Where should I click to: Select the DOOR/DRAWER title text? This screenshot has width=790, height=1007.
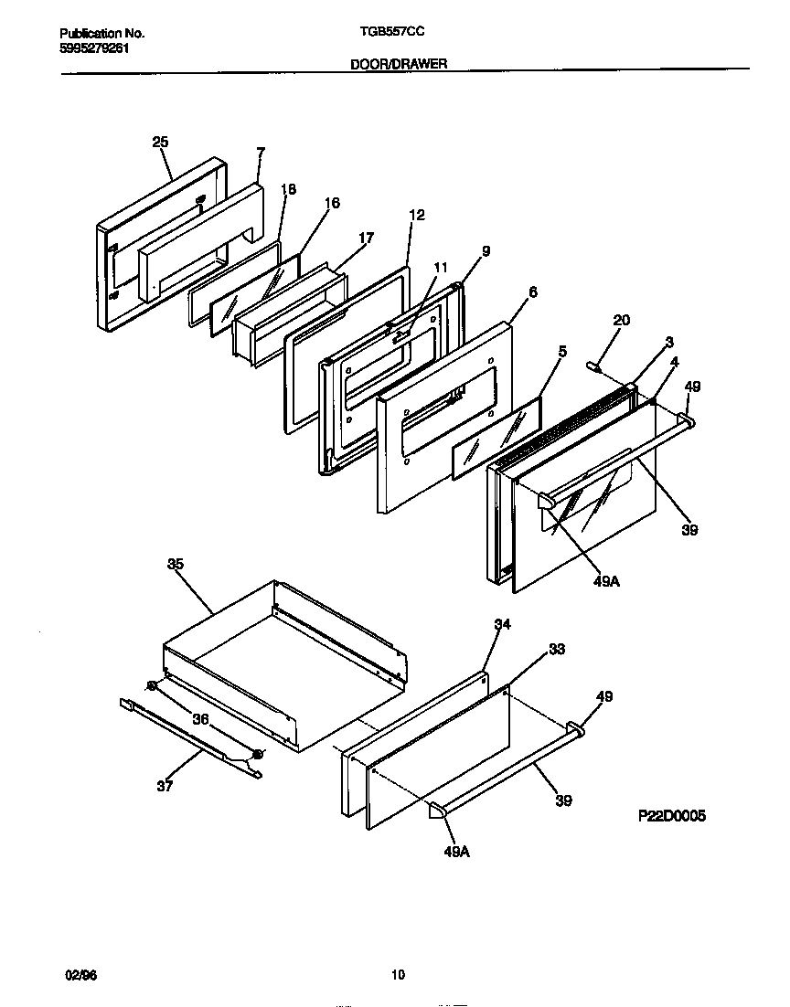(398, 64)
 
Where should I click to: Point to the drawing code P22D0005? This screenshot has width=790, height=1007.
(671, 816)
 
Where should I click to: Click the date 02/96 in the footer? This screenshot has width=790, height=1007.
(80, 975)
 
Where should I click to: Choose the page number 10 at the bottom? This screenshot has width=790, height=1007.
(398, 975)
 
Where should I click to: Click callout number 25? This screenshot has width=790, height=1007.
(160, 142)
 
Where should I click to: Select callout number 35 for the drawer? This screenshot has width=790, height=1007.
(176, 564)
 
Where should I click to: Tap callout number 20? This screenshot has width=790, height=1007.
(622, 320)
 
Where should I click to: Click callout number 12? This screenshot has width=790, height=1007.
(417, 215)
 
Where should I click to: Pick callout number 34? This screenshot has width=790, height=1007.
(502, 624)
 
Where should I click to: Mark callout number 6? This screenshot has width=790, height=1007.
(532, 292)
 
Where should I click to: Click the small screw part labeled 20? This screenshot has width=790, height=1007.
(594, 366)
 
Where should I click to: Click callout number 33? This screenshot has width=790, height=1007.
(556, 649)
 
